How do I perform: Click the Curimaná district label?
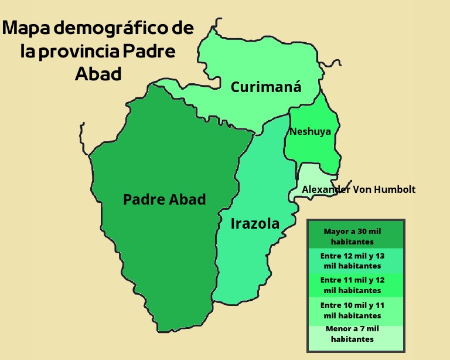pos(266,87)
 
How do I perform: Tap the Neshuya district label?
pos(310,131)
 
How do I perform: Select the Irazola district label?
pos(255,223)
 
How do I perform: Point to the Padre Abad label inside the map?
pos(165,199)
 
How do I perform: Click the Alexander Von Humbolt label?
pos(359,189)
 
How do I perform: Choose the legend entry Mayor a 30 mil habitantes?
pos(356,236)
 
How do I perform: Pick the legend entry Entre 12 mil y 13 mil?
pos(356,261)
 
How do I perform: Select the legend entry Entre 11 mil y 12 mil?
pos(356,285)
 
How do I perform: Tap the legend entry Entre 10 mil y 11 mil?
pos(356,310)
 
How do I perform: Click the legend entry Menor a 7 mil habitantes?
pos(356,334)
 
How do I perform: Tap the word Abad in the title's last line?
pos(98,74)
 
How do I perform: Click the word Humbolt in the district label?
pos(396,189)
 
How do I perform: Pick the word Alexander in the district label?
pos(324,189)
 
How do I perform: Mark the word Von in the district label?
pos(362,189)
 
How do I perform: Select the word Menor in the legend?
pos(337,328)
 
